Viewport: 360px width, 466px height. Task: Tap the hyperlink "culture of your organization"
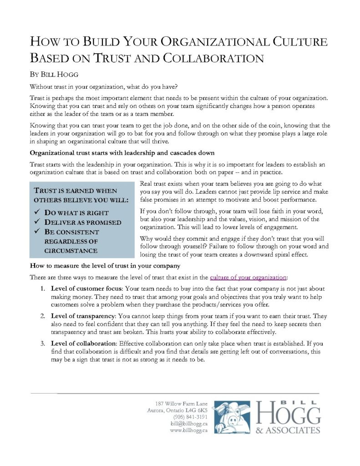click(x=248, y=277)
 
